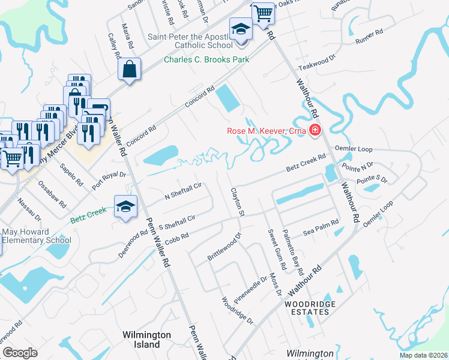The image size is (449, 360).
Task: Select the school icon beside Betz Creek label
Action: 125,206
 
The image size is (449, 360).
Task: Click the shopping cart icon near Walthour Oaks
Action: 263,13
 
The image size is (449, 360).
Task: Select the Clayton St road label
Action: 237,202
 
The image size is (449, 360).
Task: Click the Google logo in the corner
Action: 20,353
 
